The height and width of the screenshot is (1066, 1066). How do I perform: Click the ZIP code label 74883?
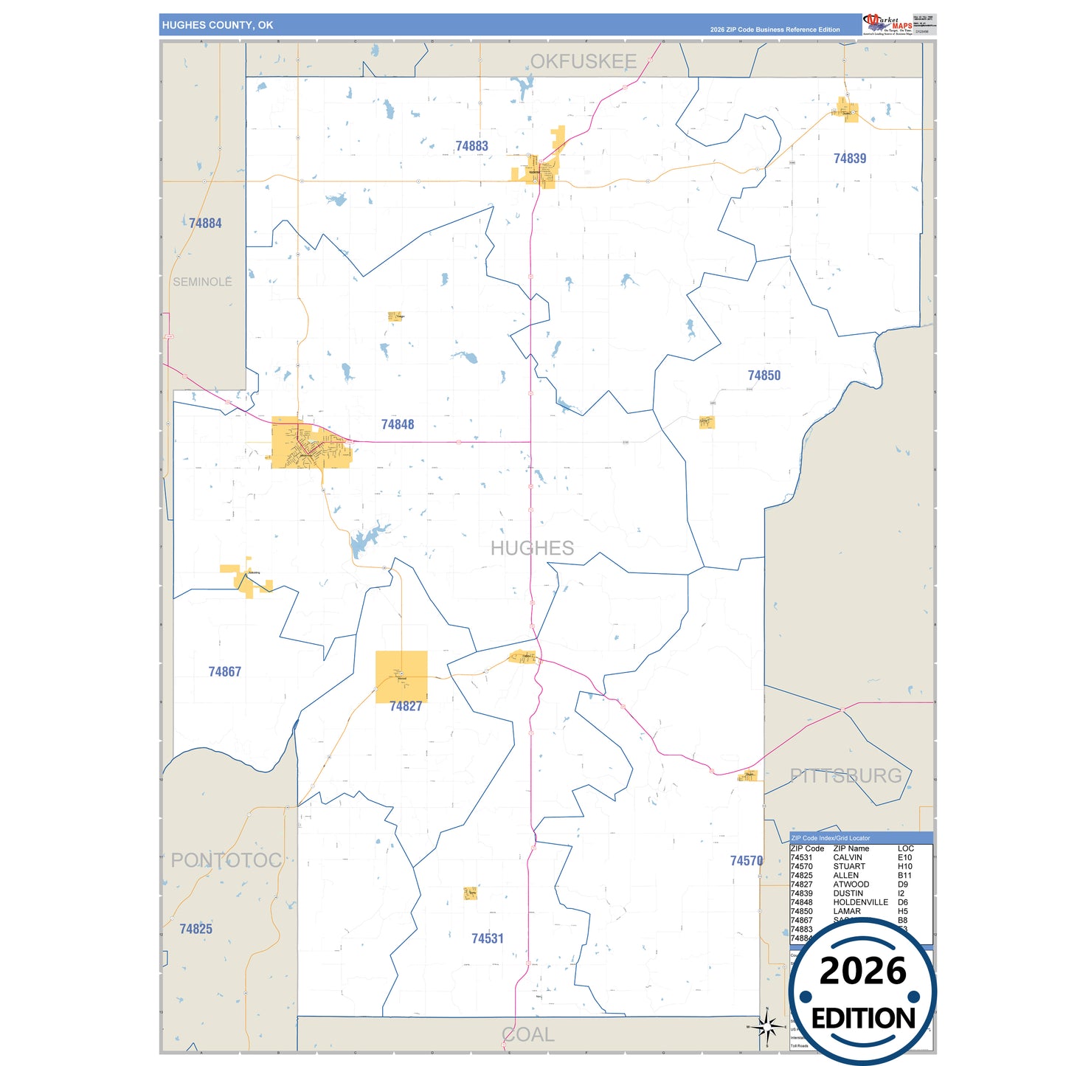[471, 146]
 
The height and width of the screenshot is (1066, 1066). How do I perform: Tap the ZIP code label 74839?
[849, 159]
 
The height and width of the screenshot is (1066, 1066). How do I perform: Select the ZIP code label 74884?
[205, 224]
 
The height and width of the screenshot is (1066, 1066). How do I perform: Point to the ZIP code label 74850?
[764, 375]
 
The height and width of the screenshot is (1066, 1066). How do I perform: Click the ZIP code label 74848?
[398, 425]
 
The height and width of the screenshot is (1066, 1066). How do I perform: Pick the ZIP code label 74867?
[224, 672]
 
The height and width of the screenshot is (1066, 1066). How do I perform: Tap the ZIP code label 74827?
[406, 707]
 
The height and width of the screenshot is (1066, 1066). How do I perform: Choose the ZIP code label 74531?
[488, 939]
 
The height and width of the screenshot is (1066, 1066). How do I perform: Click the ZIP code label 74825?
[195, 930]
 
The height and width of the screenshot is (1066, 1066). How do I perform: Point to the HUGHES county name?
[532, 548]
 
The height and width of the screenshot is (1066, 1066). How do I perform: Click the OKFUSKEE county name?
[583, 62]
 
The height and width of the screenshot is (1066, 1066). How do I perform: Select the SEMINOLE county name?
[202, 282]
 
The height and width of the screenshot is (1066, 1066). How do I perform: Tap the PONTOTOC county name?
[226, 860]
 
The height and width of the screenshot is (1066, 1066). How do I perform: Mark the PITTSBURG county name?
[845, 775]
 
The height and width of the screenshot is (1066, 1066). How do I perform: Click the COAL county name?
[528, 1035]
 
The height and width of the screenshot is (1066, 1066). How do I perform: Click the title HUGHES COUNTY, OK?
[218, 25]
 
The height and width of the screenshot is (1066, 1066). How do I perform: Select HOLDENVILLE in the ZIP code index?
[860, 902]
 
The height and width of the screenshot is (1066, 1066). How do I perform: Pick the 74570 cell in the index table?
[801, 867]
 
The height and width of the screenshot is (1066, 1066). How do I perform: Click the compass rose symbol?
[766, 1026]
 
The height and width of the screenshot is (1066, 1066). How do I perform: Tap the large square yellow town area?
[401, 676]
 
